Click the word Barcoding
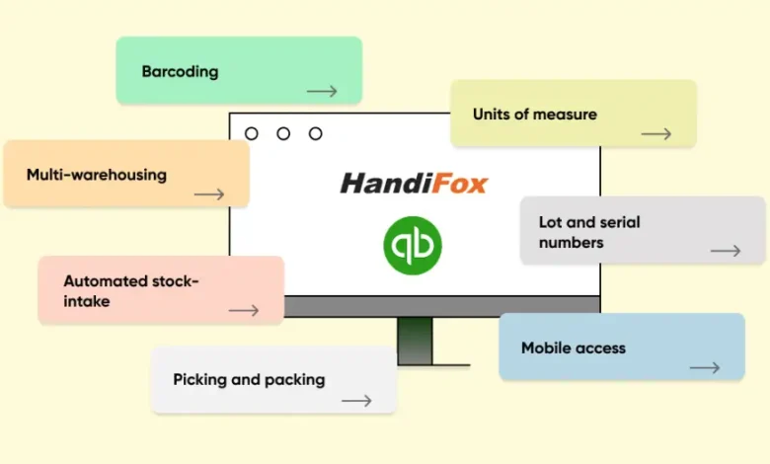[180, 72]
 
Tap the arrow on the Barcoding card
[322, 92]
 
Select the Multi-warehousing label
[96, 175]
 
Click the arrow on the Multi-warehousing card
[209, 194]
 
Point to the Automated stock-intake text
[130, 290]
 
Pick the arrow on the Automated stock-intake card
[243, 310]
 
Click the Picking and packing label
[249, 379]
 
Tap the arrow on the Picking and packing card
[356, 401]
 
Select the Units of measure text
[534, 115]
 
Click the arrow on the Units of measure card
[656, 134]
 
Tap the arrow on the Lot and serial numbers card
[726, 251]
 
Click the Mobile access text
[574, 348]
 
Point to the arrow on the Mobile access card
[705, 368]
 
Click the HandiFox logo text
[414, 183]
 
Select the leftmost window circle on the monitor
[252, 133]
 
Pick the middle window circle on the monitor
[283, 133]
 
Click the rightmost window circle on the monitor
[316, 133]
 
